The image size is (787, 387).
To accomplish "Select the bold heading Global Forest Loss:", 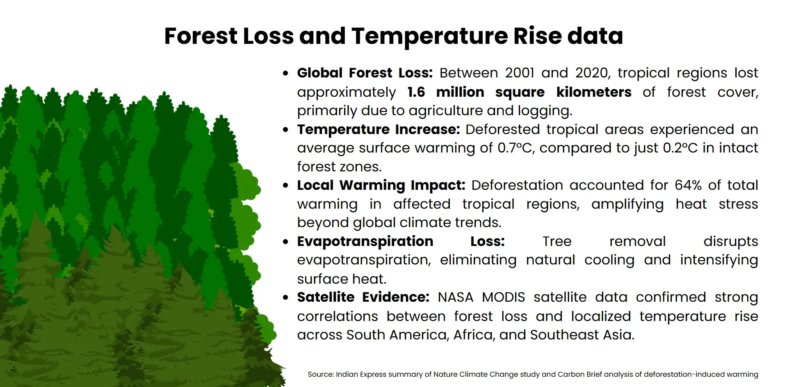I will [365, 73].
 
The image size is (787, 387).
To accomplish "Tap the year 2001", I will [519, 73].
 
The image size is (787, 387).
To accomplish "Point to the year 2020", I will [592, 73].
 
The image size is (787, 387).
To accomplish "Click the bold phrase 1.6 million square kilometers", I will [519, 92].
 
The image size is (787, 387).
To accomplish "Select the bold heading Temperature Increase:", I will [378, 130].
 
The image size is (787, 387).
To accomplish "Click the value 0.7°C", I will [516, 148].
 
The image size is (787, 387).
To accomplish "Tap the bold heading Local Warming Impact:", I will [381, 185].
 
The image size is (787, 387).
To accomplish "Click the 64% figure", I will [688, 185].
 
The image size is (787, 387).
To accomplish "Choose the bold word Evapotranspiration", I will [365, 241].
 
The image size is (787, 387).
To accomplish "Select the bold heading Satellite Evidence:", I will [363, 297].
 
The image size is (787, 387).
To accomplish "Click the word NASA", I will [455, 297].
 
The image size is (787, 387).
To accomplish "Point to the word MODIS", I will [503, 297].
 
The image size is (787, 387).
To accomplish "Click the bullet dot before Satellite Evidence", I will [285, 298].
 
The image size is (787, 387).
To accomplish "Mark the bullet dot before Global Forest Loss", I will [285, 74].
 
